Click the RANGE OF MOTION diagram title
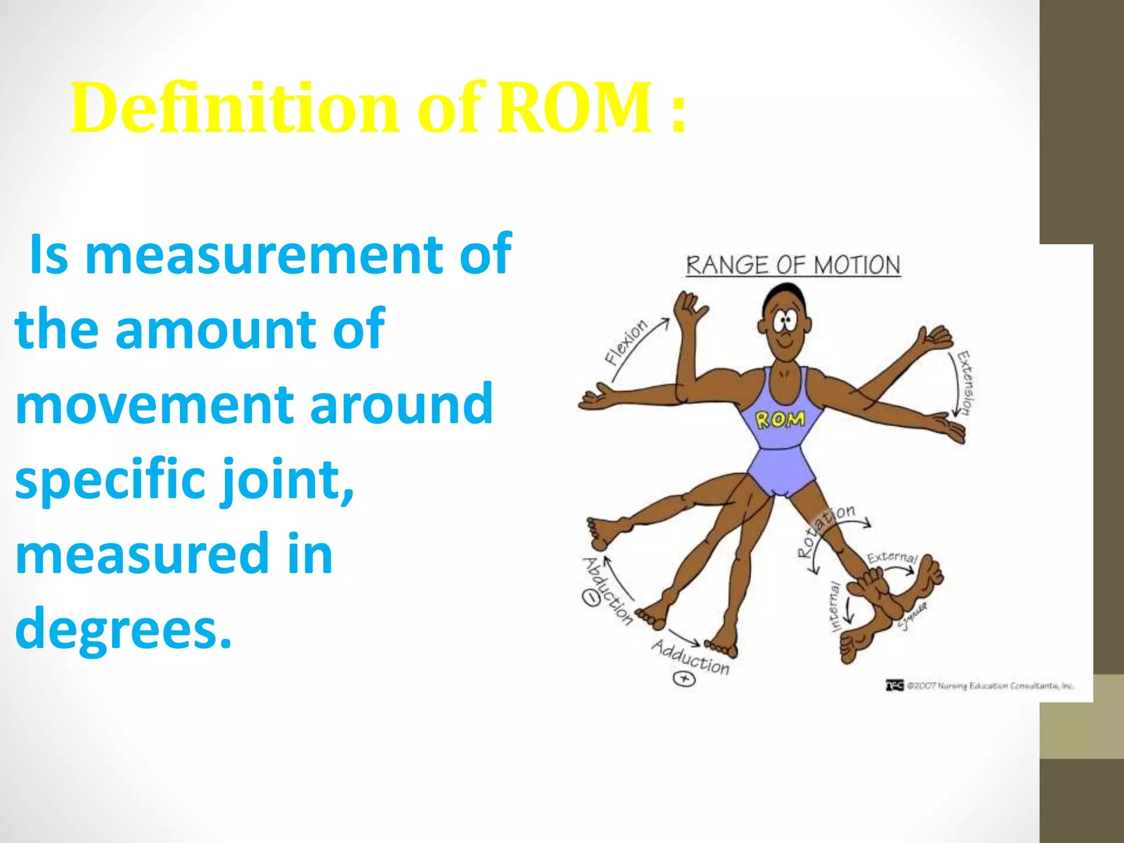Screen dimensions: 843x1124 pos(793,266)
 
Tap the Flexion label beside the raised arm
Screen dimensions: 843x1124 pos(626,342)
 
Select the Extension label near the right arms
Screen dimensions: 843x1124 pos(965,382)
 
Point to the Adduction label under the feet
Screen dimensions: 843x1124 pos(691,657)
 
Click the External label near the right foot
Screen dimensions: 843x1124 pos(892,558)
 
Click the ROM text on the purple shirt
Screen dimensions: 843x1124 pos(780,420)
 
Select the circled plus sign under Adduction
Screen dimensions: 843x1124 pos(684,679)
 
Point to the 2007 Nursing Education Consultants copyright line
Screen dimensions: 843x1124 pos(980,685)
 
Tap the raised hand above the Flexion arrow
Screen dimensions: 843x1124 pos(689,310)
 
